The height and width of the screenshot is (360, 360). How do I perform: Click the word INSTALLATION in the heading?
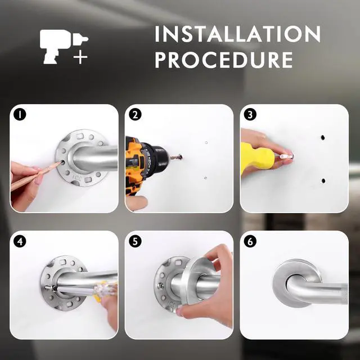(237, 34)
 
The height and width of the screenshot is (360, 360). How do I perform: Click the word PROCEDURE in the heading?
(224, 60)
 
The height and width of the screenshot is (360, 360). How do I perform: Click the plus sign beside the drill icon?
(80, 56)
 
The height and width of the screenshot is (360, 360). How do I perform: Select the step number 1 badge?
(20, 114)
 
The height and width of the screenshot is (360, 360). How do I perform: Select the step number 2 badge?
(135, 114)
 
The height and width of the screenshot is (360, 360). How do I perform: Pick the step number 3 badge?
(250, 114)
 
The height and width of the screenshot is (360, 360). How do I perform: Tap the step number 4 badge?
(20, 241)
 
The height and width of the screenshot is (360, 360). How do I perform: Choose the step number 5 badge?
(135, 241)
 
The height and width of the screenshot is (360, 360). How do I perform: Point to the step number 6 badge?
(250, 241)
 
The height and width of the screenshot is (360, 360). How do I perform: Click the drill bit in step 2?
(176, 157)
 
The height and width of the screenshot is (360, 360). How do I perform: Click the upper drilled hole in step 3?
(322, 138)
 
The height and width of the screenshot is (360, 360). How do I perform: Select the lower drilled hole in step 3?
(323, 181)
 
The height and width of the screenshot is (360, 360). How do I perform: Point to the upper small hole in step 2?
(206, 142)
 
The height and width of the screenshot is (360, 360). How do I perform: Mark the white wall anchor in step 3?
(286, 157)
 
